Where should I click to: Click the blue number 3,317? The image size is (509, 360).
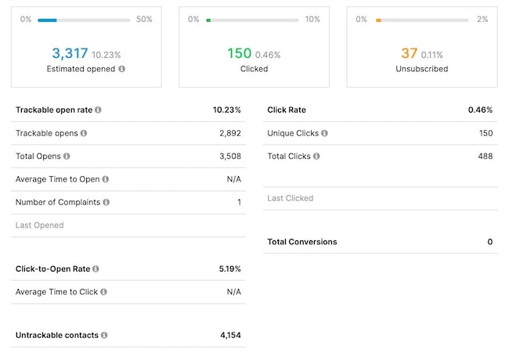(69, 53)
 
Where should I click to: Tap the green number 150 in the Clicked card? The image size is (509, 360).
(239, 53)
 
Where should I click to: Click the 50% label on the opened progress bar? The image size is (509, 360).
(144, 19)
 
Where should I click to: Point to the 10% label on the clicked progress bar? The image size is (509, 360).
(312, 19)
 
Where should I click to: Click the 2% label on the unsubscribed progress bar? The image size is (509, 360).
(482, 19)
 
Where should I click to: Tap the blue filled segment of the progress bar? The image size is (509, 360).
(47, 20)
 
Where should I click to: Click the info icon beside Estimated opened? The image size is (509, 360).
(121, 69)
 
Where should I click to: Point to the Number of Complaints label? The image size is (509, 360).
(58, 202)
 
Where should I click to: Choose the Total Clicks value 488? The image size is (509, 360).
(486, 157)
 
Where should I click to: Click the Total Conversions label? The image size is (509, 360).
(302, 242)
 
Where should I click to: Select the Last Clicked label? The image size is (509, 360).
(291, 198)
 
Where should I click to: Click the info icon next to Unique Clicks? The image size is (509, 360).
(324, 133)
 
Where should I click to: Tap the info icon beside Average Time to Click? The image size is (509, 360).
(104, 292)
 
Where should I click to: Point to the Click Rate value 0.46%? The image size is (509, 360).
(480, 110)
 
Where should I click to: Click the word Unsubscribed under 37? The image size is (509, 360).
(421, 69)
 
